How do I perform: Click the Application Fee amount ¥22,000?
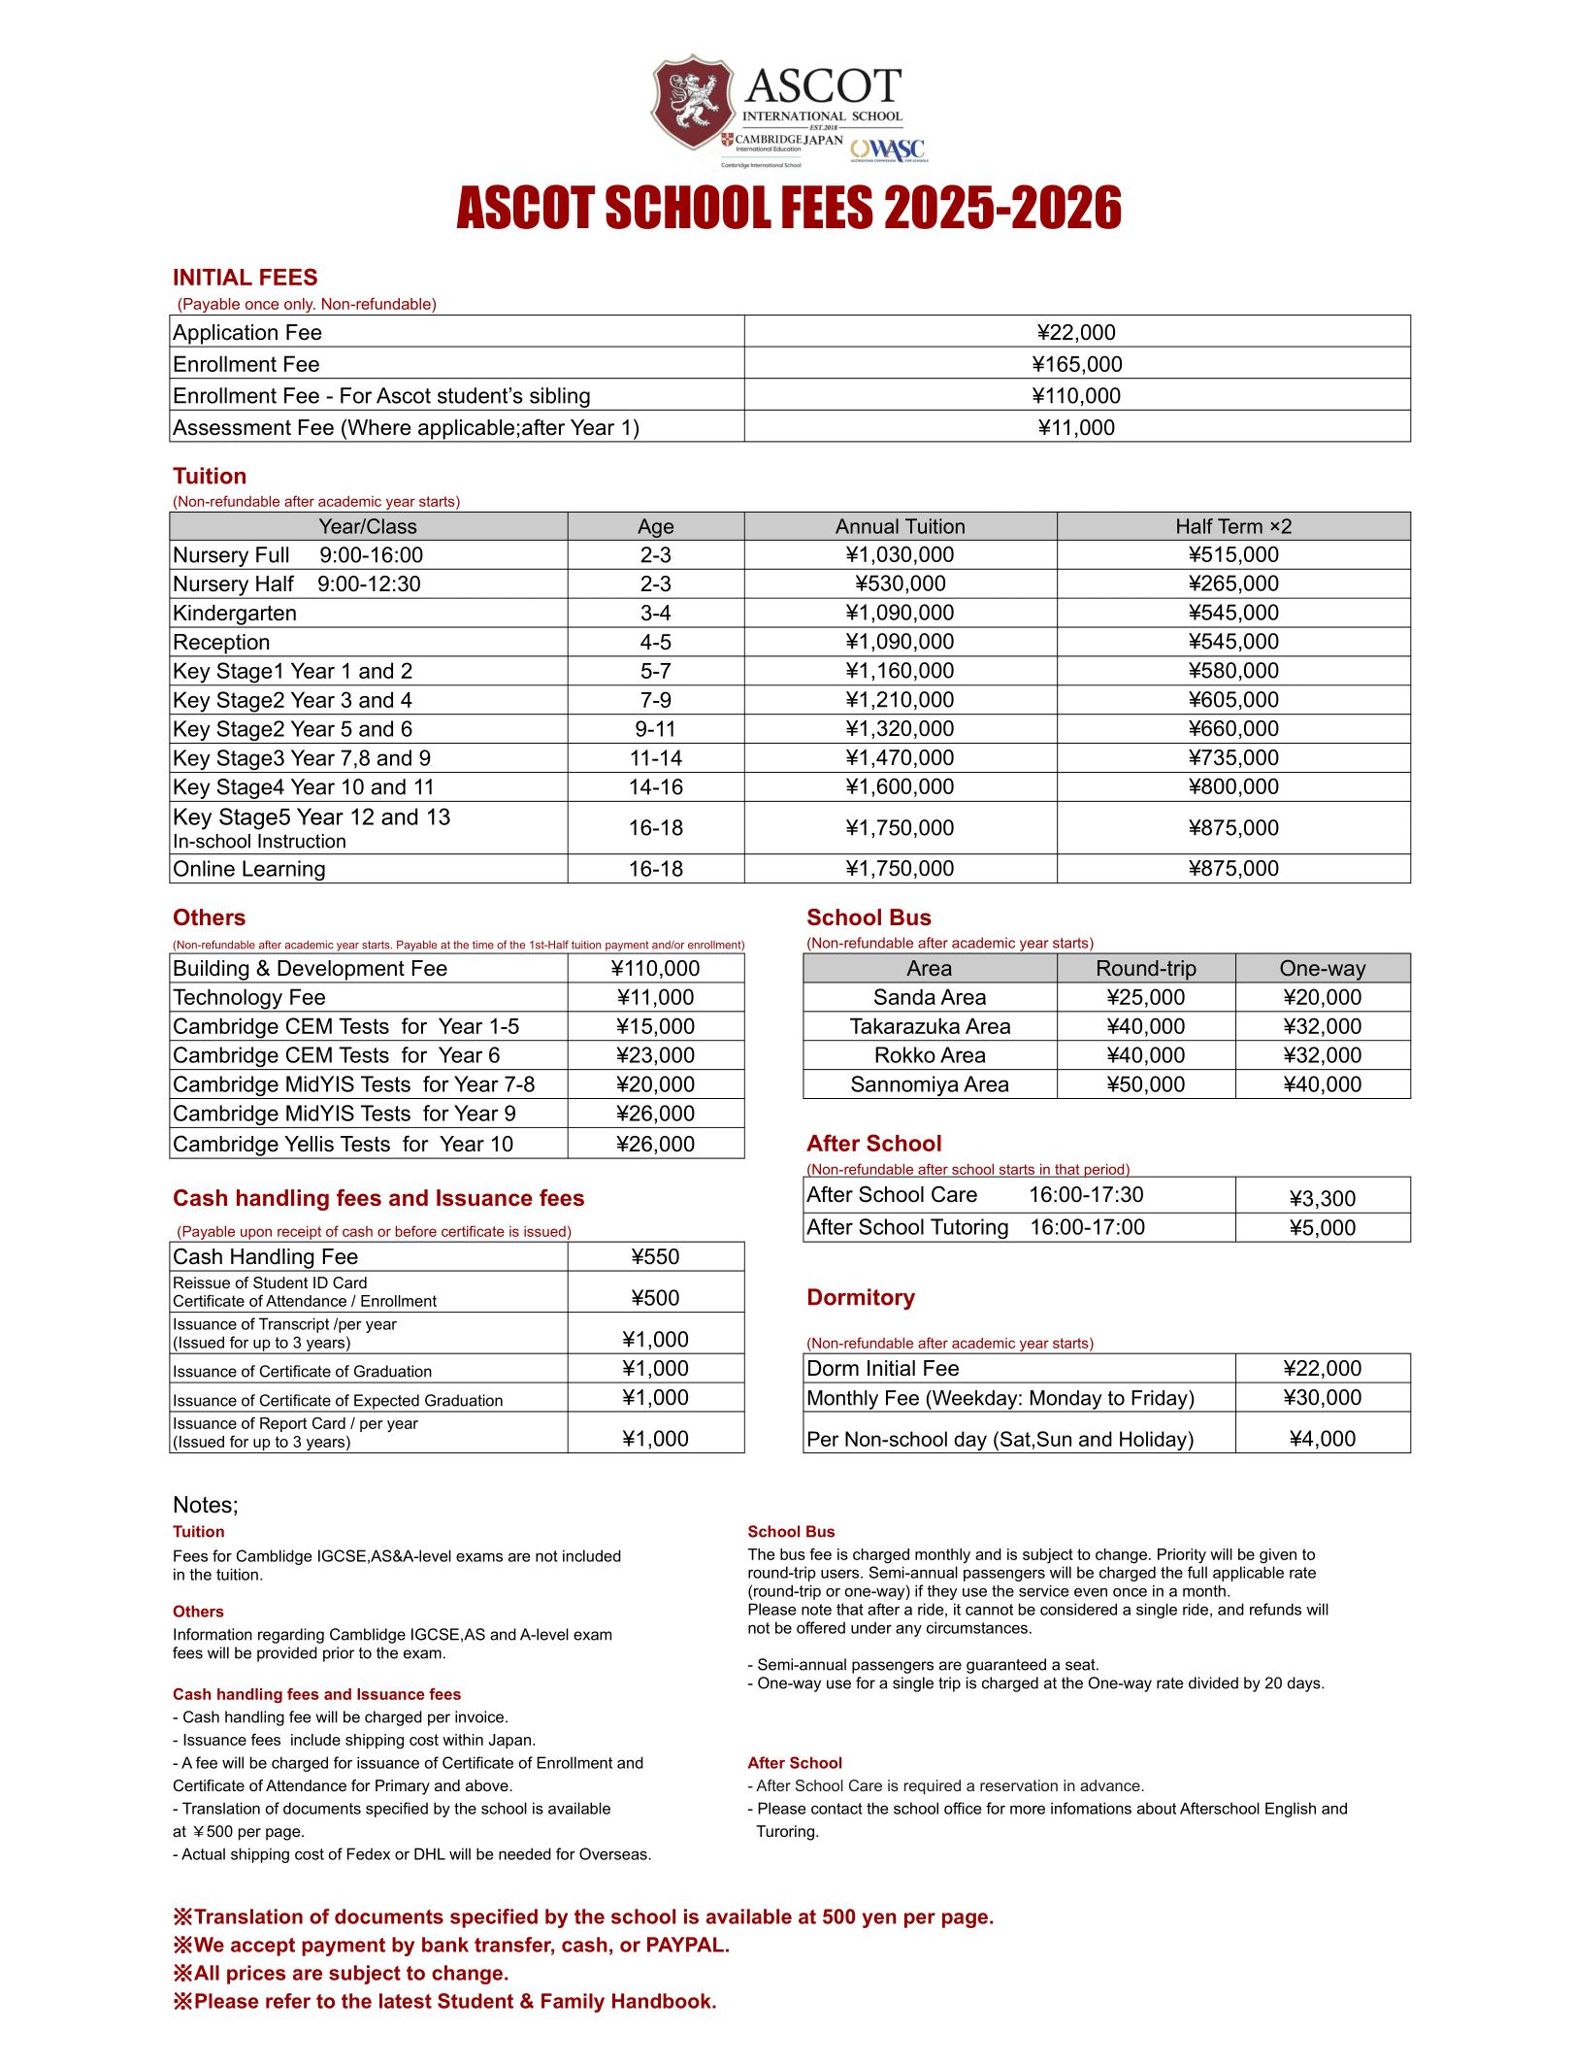[x=1076, y=332]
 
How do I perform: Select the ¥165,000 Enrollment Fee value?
[x=1076, y=364]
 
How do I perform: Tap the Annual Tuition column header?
[x=900, y=526]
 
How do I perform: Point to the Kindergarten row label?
[x=235, y=614]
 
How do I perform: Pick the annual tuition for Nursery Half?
[x=900, y=583]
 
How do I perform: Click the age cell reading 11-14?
[x=655, y=758]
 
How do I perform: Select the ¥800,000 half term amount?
[x=1232, y=787]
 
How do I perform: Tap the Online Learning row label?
[x=249, y=869]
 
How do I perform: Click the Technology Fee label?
[x=249, y=998]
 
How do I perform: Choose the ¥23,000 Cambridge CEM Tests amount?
[x=655, y=1055]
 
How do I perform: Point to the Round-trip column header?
[x=1145, y=969]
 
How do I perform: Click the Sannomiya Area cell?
[x=929, y=1084]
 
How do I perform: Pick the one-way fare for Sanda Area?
[x=1322, y=998]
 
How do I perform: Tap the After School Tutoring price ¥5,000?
[x=1322, y=1228]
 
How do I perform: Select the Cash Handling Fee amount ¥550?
[x=655, y=1257]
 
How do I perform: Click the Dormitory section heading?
[x=861, y=1298]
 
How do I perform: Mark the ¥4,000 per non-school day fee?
[x=1322, y=1439]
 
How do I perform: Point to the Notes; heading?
[x=206, y=1505]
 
